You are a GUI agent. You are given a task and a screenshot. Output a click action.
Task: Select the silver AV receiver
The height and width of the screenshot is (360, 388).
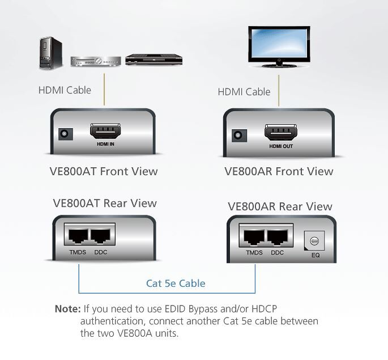95,60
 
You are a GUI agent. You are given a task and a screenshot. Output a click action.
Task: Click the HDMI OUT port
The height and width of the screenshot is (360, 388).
282,134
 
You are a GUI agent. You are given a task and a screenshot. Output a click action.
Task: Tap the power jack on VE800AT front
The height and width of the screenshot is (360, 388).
65,134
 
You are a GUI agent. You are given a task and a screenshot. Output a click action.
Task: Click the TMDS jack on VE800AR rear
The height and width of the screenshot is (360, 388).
254,237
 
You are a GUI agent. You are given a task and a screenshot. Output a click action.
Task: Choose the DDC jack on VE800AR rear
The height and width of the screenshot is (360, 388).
278,237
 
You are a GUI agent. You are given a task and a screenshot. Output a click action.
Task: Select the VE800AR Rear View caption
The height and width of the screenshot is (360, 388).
280,206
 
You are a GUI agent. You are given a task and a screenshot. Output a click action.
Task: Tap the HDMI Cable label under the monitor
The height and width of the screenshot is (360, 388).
244,91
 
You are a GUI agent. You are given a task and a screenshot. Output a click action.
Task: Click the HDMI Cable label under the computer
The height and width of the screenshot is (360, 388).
65,90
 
